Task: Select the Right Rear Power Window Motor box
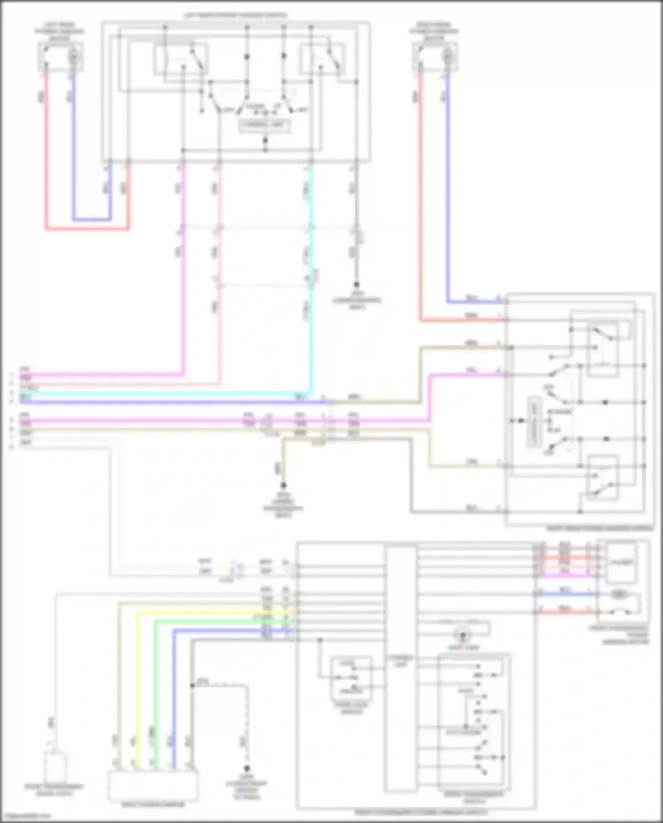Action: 435,57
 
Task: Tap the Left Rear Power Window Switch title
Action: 236,16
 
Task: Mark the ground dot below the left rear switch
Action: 356,285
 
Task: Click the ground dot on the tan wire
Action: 283,485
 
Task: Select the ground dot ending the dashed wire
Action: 247,768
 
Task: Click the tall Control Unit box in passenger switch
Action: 400,668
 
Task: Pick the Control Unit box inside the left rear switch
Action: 264,126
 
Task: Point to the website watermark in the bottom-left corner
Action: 26,816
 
